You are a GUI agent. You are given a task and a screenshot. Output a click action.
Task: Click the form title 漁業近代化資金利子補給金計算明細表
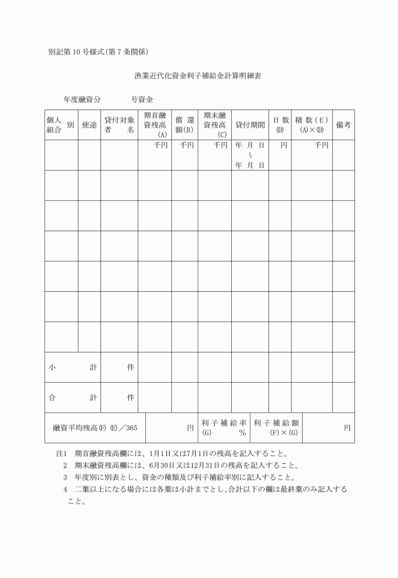[x=198, y=75]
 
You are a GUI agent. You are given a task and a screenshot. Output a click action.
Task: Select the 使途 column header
[x=89, y=124]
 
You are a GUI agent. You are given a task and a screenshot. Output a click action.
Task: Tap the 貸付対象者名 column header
[x=119, y=124]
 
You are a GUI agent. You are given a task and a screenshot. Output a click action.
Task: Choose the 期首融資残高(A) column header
[x=155, y=124]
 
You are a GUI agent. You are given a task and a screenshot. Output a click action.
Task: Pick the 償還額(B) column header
[x=184, y=124]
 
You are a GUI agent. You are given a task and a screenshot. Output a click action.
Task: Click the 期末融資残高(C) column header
[x=215, y=124]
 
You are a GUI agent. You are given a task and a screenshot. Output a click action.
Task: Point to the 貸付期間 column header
[x=250, y=124]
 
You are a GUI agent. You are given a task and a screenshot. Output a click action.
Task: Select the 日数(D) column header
[x=280, y=124]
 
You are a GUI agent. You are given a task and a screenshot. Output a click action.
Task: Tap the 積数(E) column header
[x=311, y=124]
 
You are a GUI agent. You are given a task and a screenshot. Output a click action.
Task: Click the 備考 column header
[x=344, y=124]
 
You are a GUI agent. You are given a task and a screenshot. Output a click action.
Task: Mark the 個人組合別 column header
[x=61, y=124]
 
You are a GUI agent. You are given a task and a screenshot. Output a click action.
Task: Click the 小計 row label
[x=73, y=367]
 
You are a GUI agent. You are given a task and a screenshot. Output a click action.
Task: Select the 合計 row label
[x=73, y=397]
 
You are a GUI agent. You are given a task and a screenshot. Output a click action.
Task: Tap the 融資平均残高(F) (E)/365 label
[x=95, y=428]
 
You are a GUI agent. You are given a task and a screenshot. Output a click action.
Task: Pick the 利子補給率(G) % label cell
[x=224, y=428]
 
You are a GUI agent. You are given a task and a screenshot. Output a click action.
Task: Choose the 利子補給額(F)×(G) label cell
[x=276, y=428]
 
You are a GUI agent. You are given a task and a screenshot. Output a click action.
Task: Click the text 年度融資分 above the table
[x=81, y=99]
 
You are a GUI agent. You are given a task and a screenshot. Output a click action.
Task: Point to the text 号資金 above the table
[x=142, y=99]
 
